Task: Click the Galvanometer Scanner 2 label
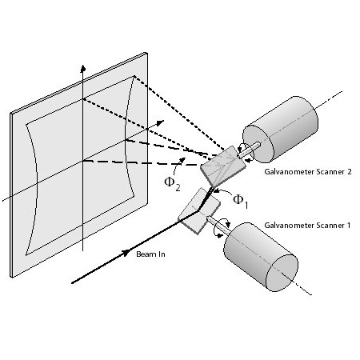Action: pos(308,172)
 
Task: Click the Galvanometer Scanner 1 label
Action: pos(307,226)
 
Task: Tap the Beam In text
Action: pos(150,254)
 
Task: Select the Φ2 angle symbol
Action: pos(172,184)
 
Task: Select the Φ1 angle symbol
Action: pos(241,202)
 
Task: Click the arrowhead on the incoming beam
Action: pos(126,253)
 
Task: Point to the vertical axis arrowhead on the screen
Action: pos(83,68)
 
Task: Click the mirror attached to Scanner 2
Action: pos(223,166)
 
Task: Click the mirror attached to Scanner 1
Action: pos(199,211)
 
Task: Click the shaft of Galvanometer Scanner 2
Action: pos(249,150)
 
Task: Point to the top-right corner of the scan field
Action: pos(134,76)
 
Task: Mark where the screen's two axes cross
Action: pos(83,161)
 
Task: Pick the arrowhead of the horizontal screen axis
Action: pos(160,122)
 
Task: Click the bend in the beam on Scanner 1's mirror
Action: pos(198,210)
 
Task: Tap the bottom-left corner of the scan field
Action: pos(26,255)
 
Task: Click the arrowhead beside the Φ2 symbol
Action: pos(182,160)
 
